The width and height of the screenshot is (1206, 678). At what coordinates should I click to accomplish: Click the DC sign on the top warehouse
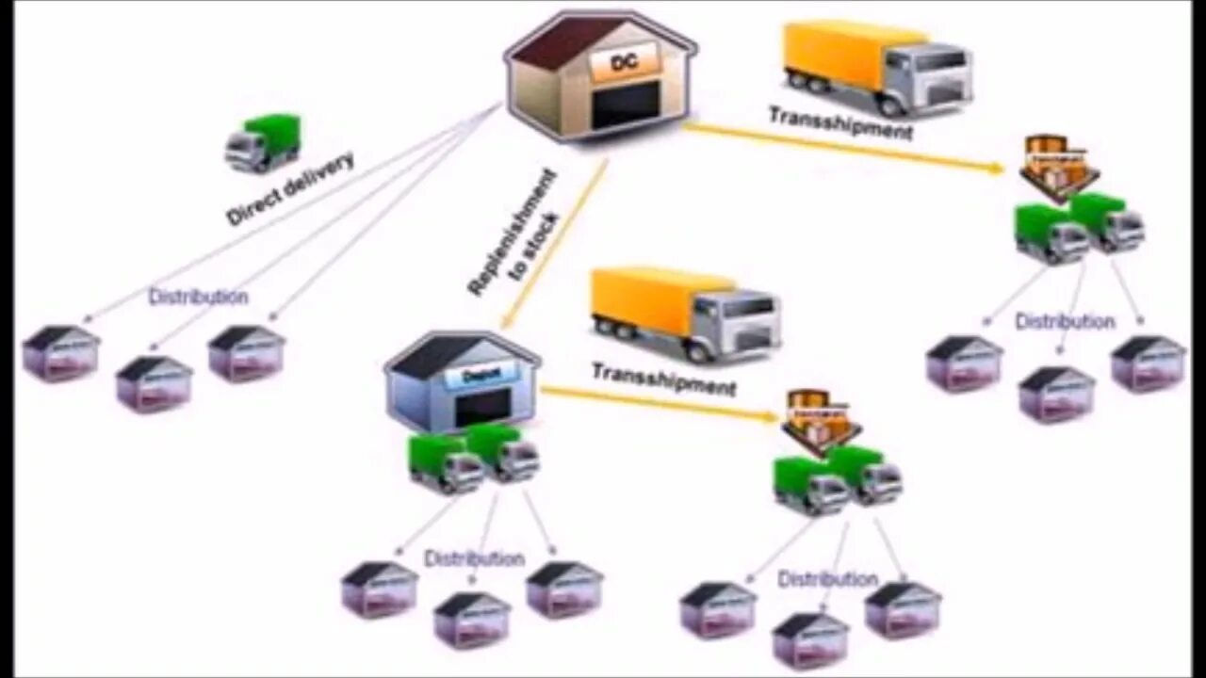624,63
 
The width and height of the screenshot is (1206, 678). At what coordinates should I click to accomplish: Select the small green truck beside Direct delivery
263,143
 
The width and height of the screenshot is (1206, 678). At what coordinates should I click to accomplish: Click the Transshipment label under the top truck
840,123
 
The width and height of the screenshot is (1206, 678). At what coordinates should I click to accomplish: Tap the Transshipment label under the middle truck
663,379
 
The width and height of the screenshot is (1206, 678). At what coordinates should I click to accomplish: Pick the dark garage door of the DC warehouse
623,106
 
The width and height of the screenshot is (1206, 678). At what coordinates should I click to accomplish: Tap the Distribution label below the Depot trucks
474,558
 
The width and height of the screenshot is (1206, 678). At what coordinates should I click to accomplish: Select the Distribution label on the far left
198,298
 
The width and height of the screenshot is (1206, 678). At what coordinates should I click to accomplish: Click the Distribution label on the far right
1065,322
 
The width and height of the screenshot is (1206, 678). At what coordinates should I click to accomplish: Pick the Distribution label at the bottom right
827,579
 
